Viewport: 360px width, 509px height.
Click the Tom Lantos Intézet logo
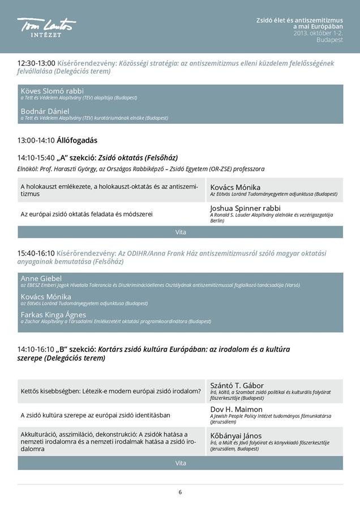click(46, 27)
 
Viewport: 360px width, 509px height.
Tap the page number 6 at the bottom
click(180, 492)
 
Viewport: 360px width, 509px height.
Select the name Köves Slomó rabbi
click(52, 90)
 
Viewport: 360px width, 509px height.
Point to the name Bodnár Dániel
click(45, 111)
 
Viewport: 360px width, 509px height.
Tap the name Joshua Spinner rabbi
click(245, 208)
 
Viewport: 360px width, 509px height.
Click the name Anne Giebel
click(41, 278)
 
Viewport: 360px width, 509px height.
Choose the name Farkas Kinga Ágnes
click(53, 314)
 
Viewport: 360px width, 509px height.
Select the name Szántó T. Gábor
click(237, 385)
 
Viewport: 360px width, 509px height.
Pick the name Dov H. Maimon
click(236, 409)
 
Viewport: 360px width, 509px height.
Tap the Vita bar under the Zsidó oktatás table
click(180, 232)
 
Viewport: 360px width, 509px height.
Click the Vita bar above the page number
click(180, 463)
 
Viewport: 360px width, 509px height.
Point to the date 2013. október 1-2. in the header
click(318, 33)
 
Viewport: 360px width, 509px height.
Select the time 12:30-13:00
click(36, 63)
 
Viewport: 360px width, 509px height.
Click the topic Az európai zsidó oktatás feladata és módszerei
click(87, 214)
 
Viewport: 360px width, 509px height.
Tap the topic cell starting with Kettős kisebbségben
click(110, 391)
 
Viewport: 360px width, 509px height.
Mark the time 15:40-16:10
click(36, 253)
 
